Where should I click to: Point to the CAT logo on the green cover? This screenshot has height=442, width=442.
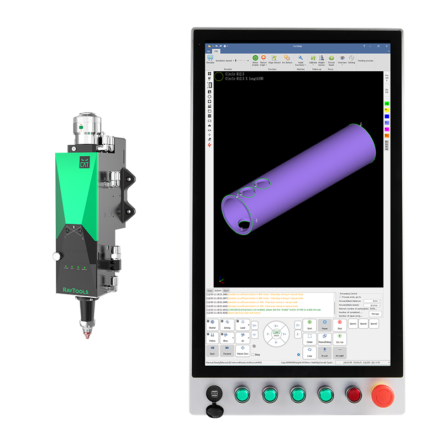pyautogui.click(x=84, y=164)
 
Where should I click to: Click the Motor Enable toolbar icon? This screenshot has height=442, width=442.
pyautogui.click(x=255, y=60)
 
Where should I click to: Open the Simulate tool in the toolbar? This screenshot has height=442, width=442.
pyautogui.click(x=210, y=60)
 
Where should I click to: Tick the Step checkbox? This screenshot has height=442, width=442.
pyautogui.click(x=253, y=354)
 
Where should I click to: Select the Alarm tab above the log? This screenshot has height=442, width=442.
pyautogui.click(x=226, y=290)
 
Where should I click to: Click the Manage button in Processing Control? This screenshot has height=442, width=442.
pyautogui.click(x=375, y=313)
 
